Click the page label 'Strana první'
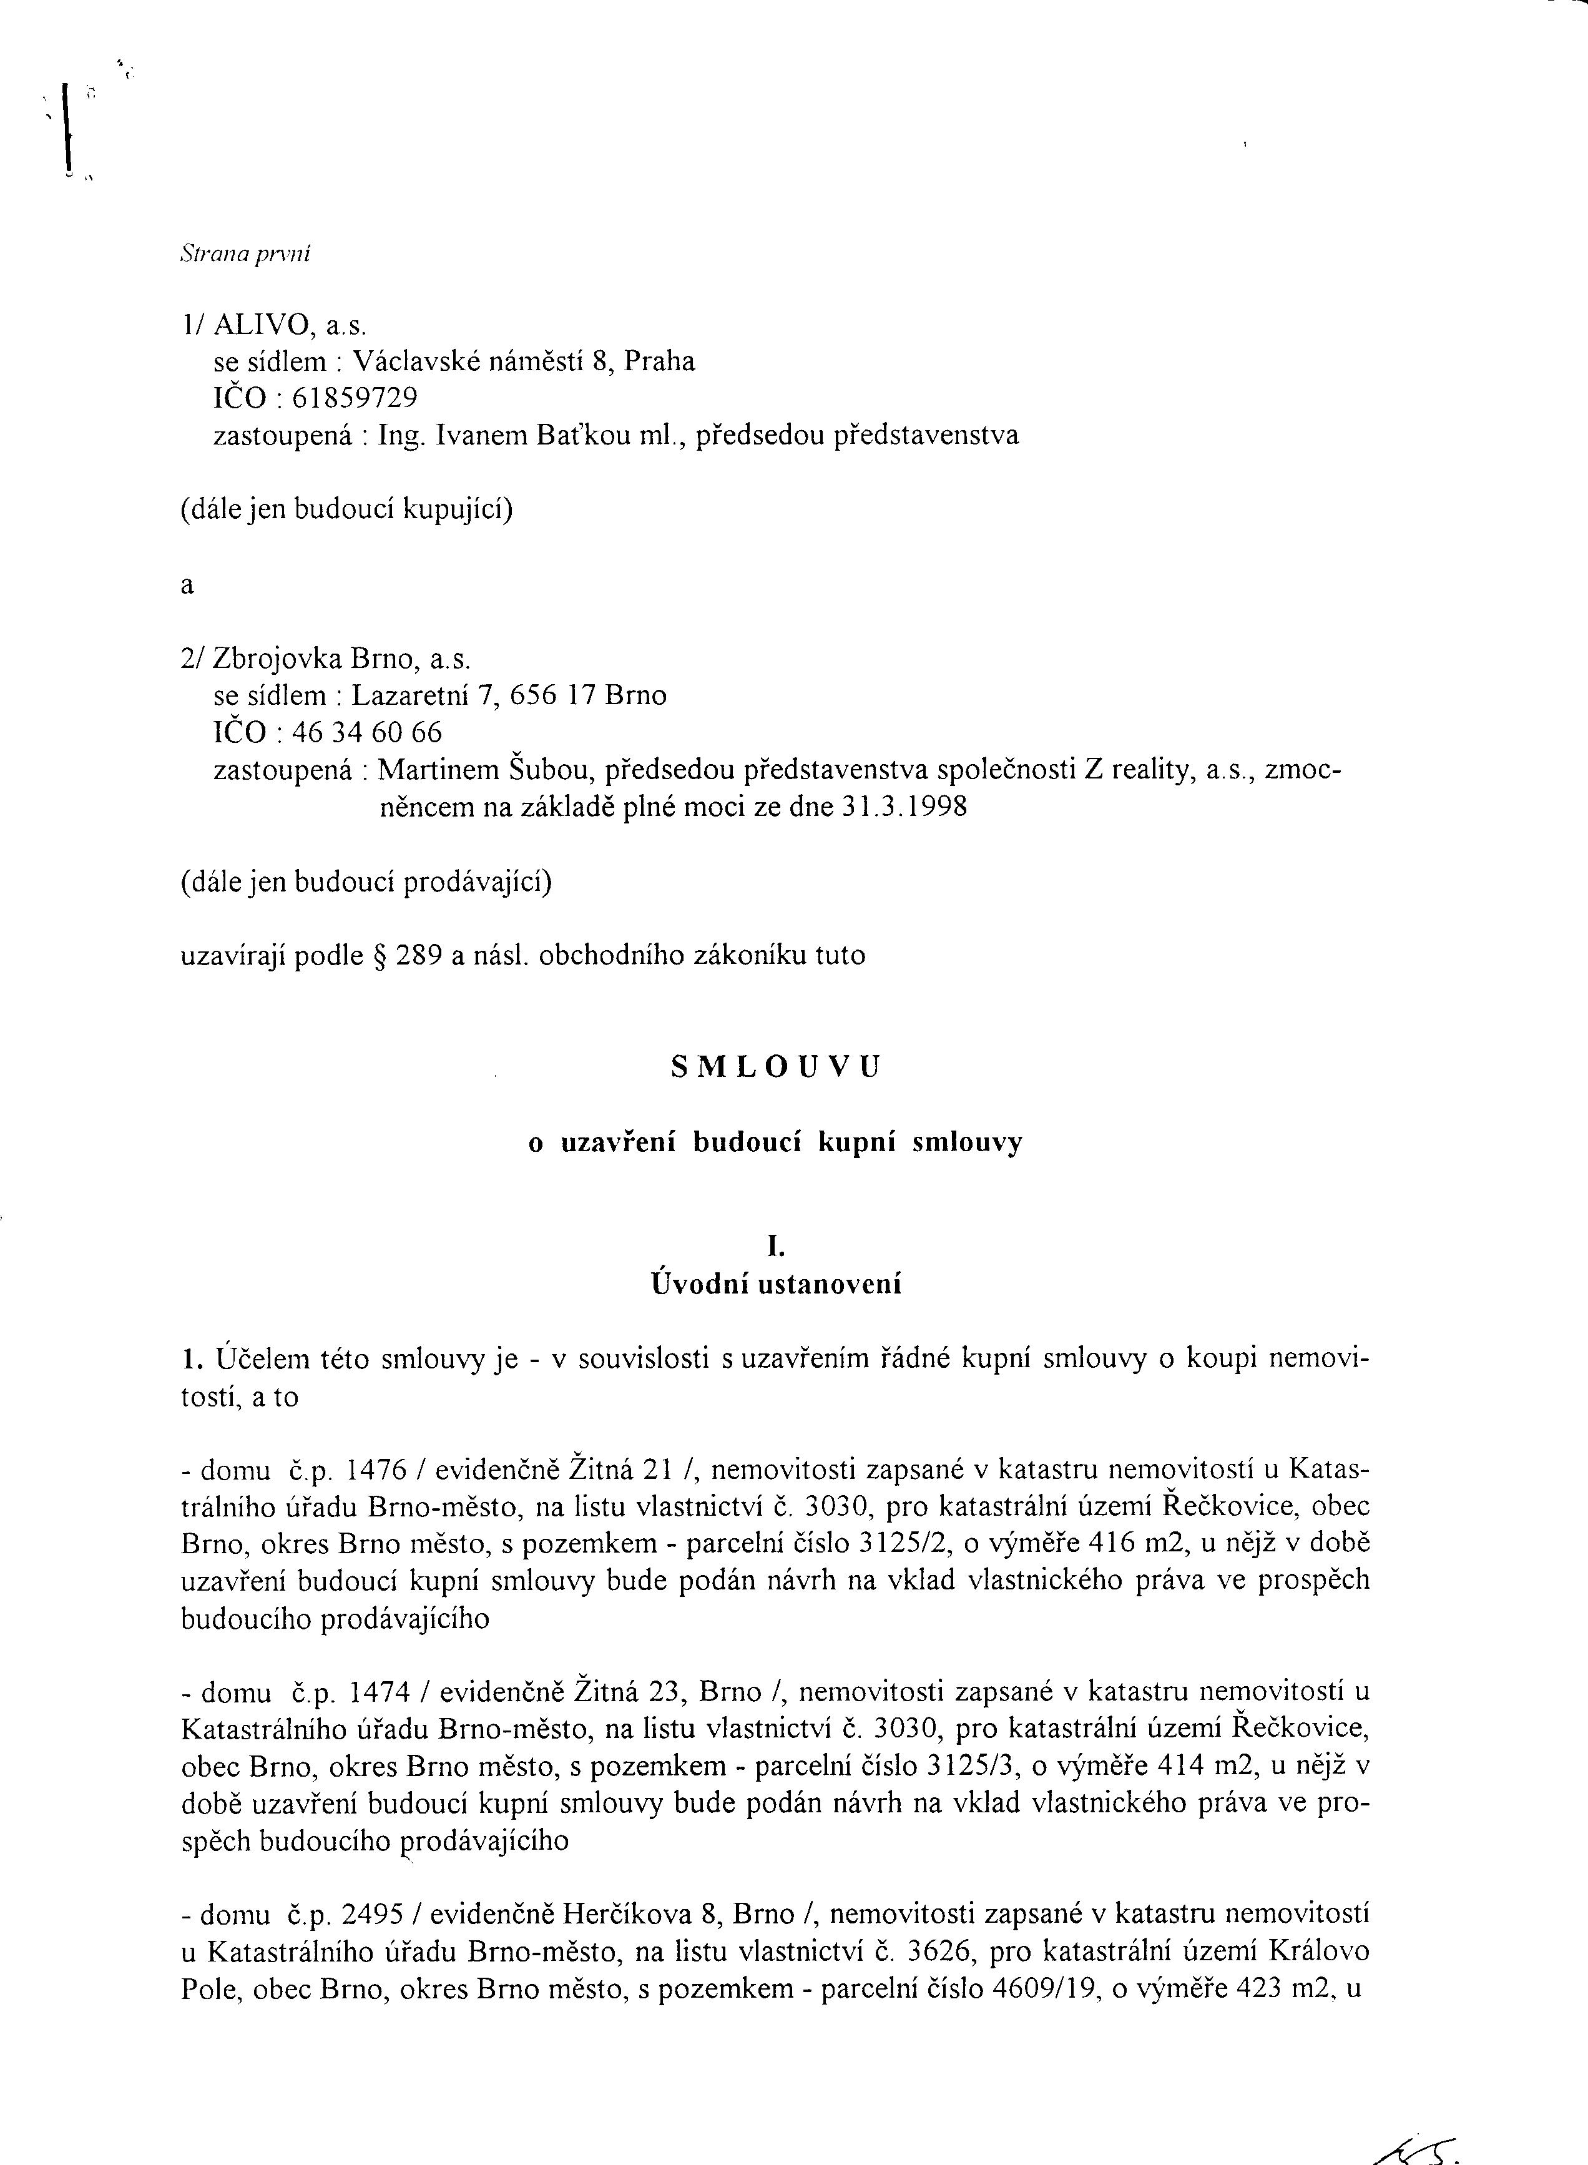(x=245, y=255)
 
